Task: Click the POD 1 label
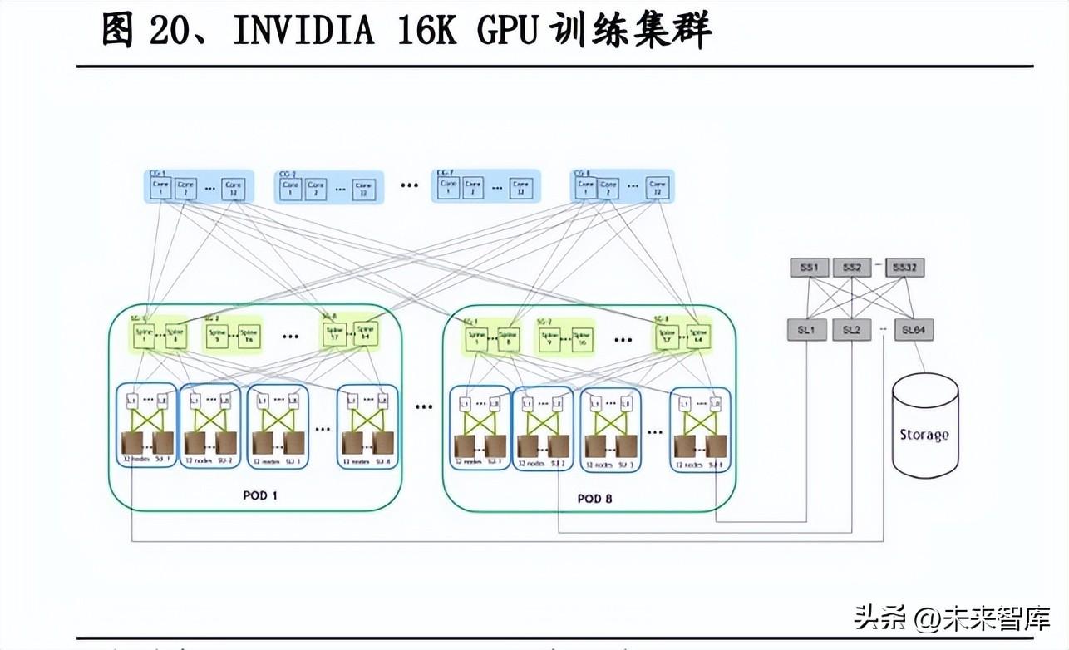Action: coord(260,495)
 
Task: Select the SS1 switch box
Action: coord(809,268)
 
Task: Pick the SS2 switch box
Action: coord(852,268)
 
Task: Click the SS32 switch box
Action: coord(904,268)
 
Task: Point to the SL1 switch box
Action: coord(806,330)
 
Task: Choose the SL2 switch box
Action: coord(851,330)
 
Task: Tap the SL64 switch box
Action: coord(913,330)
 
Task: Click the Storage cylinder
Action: coord(924,426)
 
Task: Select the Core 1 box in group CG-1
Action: coord(160,189)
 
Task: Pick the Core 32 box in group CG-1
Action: coord(234,189)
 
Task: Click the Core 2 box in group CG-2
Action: coord(316,189)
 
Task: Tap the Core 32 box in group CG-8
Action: coord(658,189)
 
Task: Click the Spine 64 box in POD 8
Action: coord(700,335)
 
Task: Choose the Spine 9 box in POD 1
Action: coord(218,335)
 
